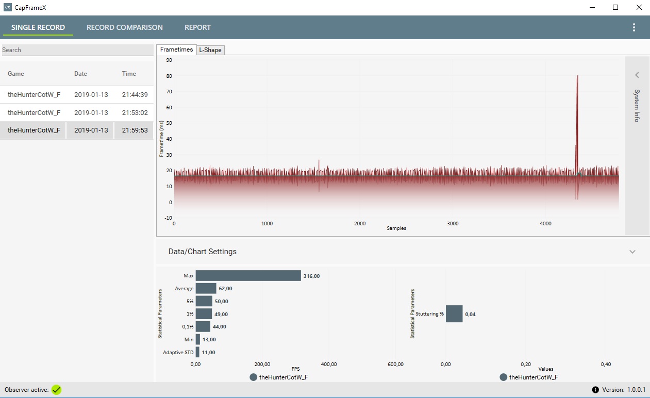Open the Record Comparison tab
(125, 27)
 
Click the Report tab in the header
(197, 27)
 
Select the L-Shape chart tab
(210, 50)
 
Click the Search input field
(77, 50)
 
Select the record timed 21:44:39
(135, 95)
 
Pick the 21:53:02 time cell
(135, 112)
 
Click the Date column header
(80, 74)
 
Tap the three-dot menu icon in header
(634, 27)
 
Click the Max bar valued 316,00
(248, 275)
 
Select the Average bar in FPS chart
(206, 288)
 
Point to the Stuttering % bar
(454, 313)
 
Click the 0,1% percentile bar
(203, 326)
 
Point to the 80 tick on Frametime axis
(169, 76)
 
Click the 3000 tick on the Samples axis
(453, 224)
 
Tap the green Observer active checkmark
(57, 390)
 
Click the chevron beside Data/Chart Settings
(632, 252)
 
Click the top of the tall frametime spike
(577, 76)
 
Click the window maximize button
(615, 7)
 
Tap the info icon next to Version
(595, 390)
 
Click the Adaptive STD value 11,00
(208, 353)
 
